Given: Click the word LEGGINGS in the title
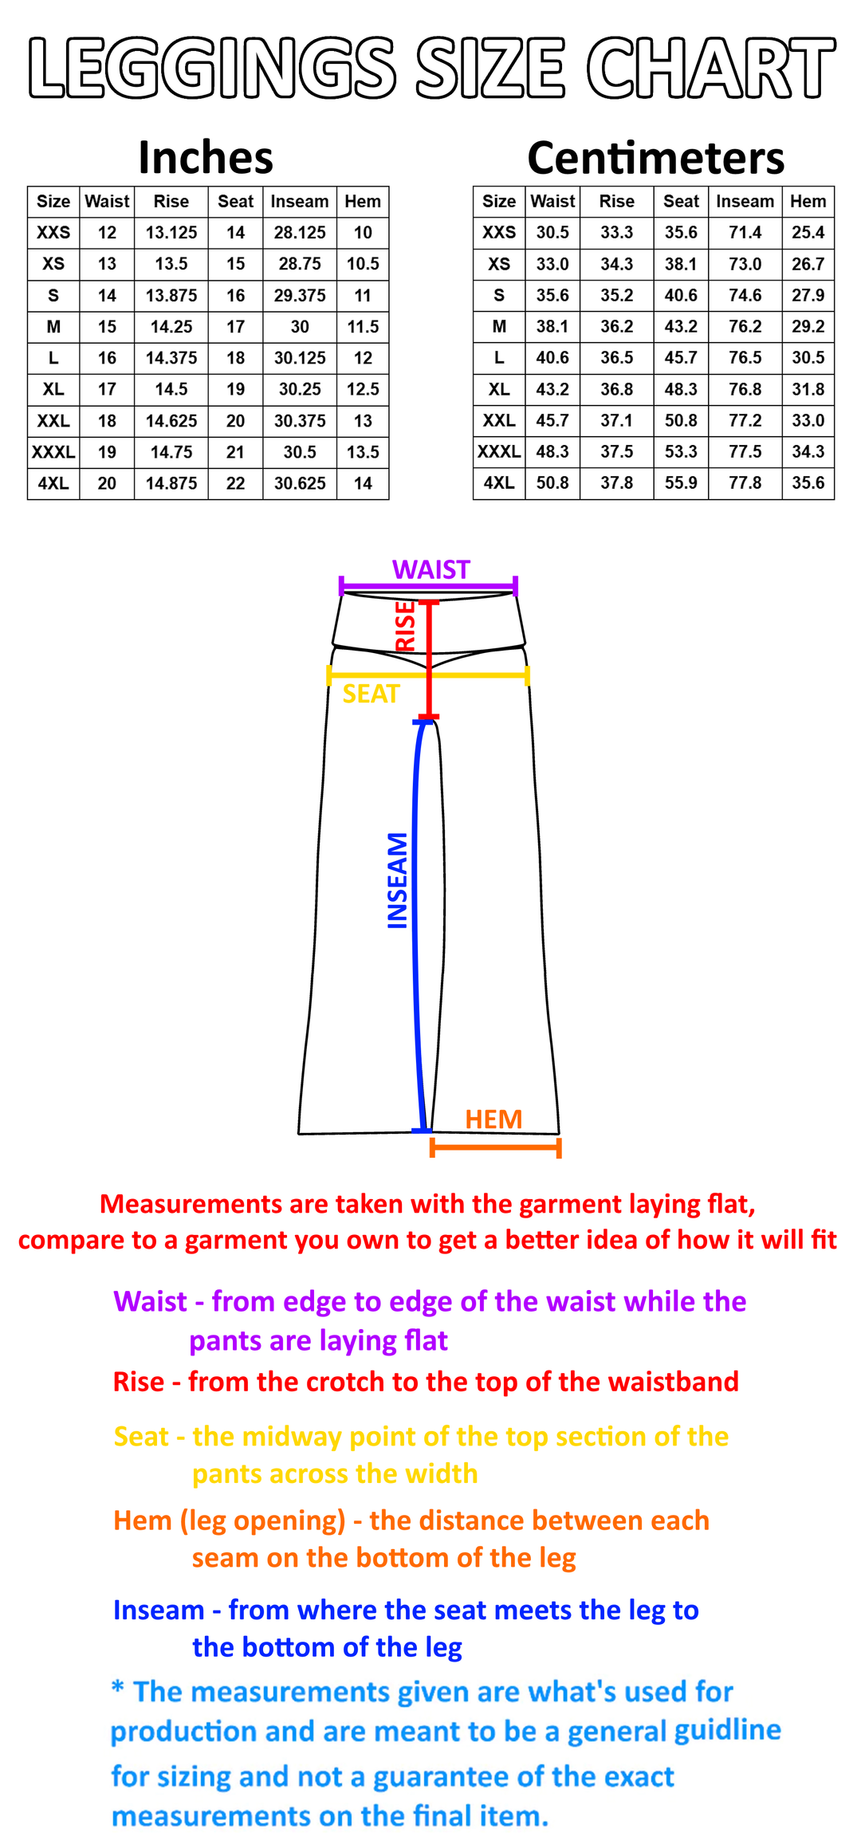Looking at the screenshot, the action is pos(213,68).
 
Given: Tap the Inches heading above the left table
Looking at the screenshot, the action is pos(206,157).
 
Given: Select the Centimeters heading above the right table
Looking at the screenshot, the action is pos(656,157).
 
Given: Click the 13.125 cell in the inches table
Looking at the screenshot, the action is pos(171,233).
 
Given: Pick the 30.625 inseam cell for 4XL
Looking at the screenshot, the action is pos(300,483).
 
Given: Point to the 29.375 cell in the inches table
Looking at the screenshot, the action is pos(300,296).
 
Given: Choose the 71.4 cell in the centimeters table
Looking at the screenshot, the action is pos(745,233).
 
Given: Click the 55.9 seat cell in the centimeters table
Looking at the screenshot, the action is pos(681,483).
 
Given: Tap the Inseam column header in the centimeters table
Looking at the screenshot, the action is pos(745,202).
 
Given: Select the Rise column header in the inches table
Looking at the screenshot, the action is pos(171,202).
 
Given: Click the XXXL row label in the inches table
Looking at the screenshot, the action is pos(53,452).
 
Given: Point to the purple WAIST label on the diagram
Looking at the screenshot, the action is pos(431,569).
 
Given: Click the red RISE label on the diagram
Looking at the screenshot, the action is pos(406,626).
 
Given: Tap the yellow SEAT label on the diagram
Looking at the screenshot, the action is pos(371,694).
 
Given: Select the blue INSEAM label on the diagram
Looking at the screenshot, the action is pos(397,880).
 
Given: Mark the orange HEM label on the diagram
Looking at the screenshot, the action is pos(493,1119).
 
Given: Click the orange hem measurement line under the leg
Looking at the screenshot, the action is pos(496,1147).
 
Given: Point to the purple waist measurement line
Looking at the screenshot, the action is pos(428,587).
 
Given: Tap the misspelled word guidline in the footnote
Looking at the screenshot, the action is pos(728,1729).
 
